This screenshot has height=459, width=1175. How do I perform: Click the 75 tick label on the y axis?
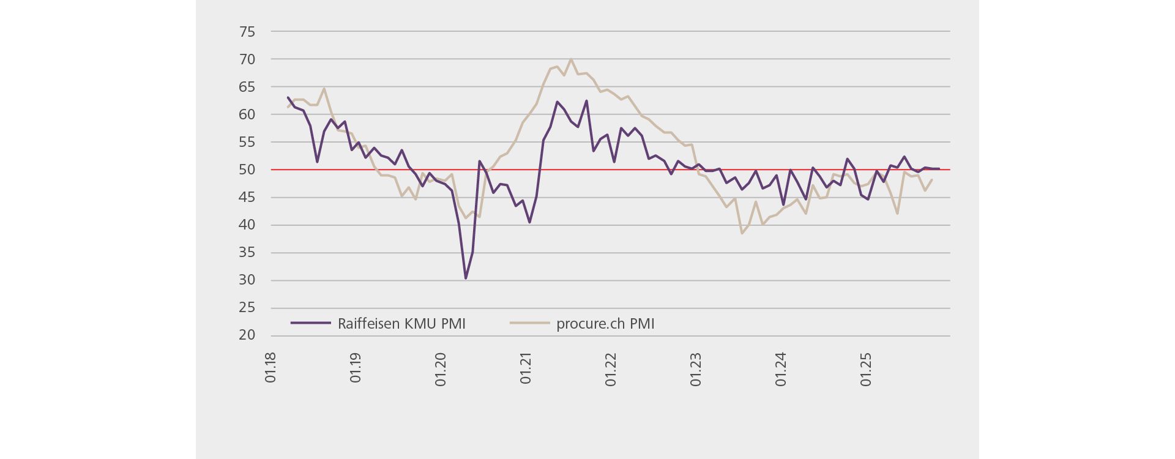coord(247,32)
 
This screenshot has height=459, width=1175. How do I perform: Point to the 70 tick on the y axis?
coord(247,59)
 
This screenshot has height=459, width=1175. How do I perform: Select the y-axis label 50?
coord(247,170)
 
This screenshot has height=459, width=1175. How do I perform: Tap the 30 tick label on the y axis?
coord(247,280)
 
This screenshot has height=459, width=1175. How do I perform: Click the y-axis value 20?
coord(247,335)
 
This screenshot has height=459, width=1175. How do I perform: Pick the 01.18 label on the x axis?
coord(270,368)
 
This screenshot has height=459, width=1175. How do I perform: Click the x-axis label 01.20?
coord(441,370)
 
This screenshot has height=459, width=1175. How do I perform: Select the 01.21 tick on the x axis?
coord(526,368)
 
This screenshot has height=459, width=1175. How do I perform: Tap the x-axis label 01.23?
coord(696,370)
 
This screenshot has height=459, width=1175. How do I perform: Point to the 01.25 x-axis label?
coord(866,370)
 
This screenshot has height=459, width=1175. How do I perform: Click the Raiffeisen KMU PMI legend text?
coord(401,324)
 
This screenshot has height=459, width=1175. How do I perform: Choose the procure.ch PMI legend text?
coord(605,324)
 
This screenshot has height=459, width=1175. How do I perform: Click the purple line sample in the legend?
coord(310,323)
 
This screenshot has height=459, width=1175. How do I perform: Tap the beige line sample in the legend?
coord(529,323)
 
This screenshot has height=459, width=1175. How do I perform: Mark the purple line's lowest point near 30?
coord(466,278)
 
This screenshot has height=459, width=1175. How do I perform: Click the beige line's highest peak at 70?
coord(571,59)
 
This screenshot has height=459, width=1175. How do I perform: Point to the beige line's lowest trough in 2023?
coord(742,233)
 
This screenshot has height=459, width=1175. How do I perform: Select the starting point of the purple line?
coord(288,97)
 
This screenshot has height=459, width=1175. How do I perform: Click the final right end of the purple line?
coord(939,168)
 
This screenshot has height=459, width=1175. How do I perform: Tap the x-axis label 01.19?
coord(356,368)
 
